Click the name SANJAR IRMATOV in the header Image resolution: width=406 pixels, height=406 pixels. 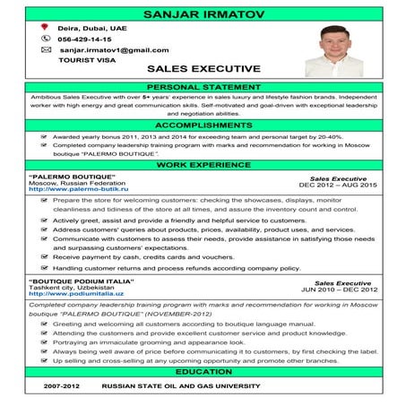(203, 14)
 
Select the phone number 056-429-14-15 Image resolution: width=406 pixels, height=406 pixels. (84, 40)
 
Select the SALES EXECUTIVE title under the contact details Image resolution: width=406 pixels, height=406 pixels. (203, 68)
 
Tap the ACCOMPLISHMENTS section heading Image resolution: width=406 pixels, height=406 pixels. (203, 126)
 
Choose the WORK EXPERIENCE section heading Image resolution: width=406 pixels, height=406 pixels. (203, 166)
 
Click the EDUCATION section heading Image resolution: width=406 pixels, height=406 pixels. (203, 370)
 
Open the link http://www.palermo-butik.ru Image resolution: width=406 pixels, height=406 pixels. (79, 190)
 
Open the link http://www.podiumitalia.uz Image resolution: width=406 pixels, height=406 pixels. (79, 291)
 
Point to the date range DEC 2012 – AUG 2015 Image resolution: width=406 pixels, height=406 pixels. (338, 185)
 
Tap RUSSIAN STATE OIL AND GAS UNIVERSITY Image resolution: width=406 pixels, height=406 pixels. (180, 386)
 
